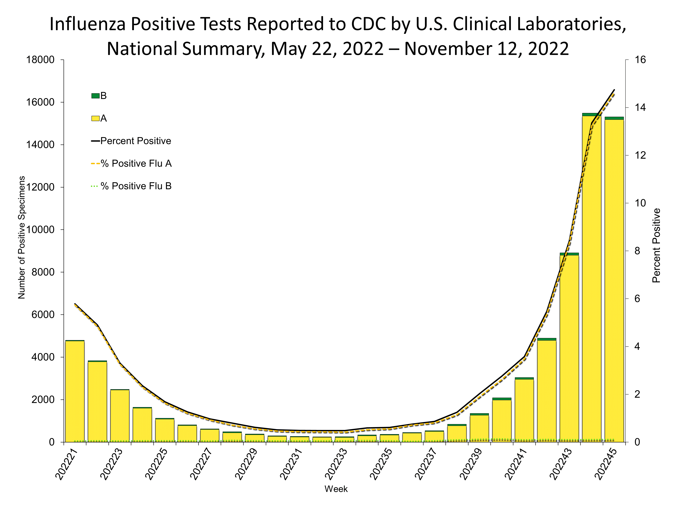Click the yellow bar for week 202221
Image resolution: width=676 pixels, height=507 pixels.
[x=75, y=391]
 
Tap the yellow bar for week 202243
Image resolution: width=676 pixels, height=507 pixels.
[x=569, y=348]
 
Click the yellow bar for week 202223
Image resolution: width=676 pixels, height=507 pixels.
[x=120, y=416]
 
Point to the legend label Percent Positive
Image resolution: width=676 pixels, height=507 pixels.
[x=136, y=141]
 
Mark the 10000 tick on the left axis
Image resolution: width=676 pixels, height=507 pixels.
[x=40, y=230]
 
